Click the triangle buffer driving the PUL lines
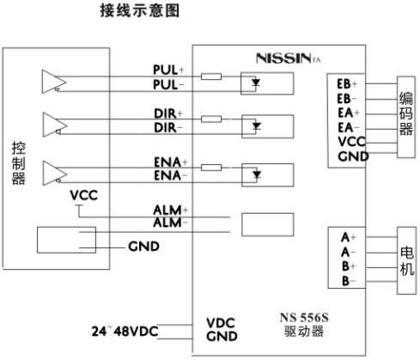click(x=52, y=82)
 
